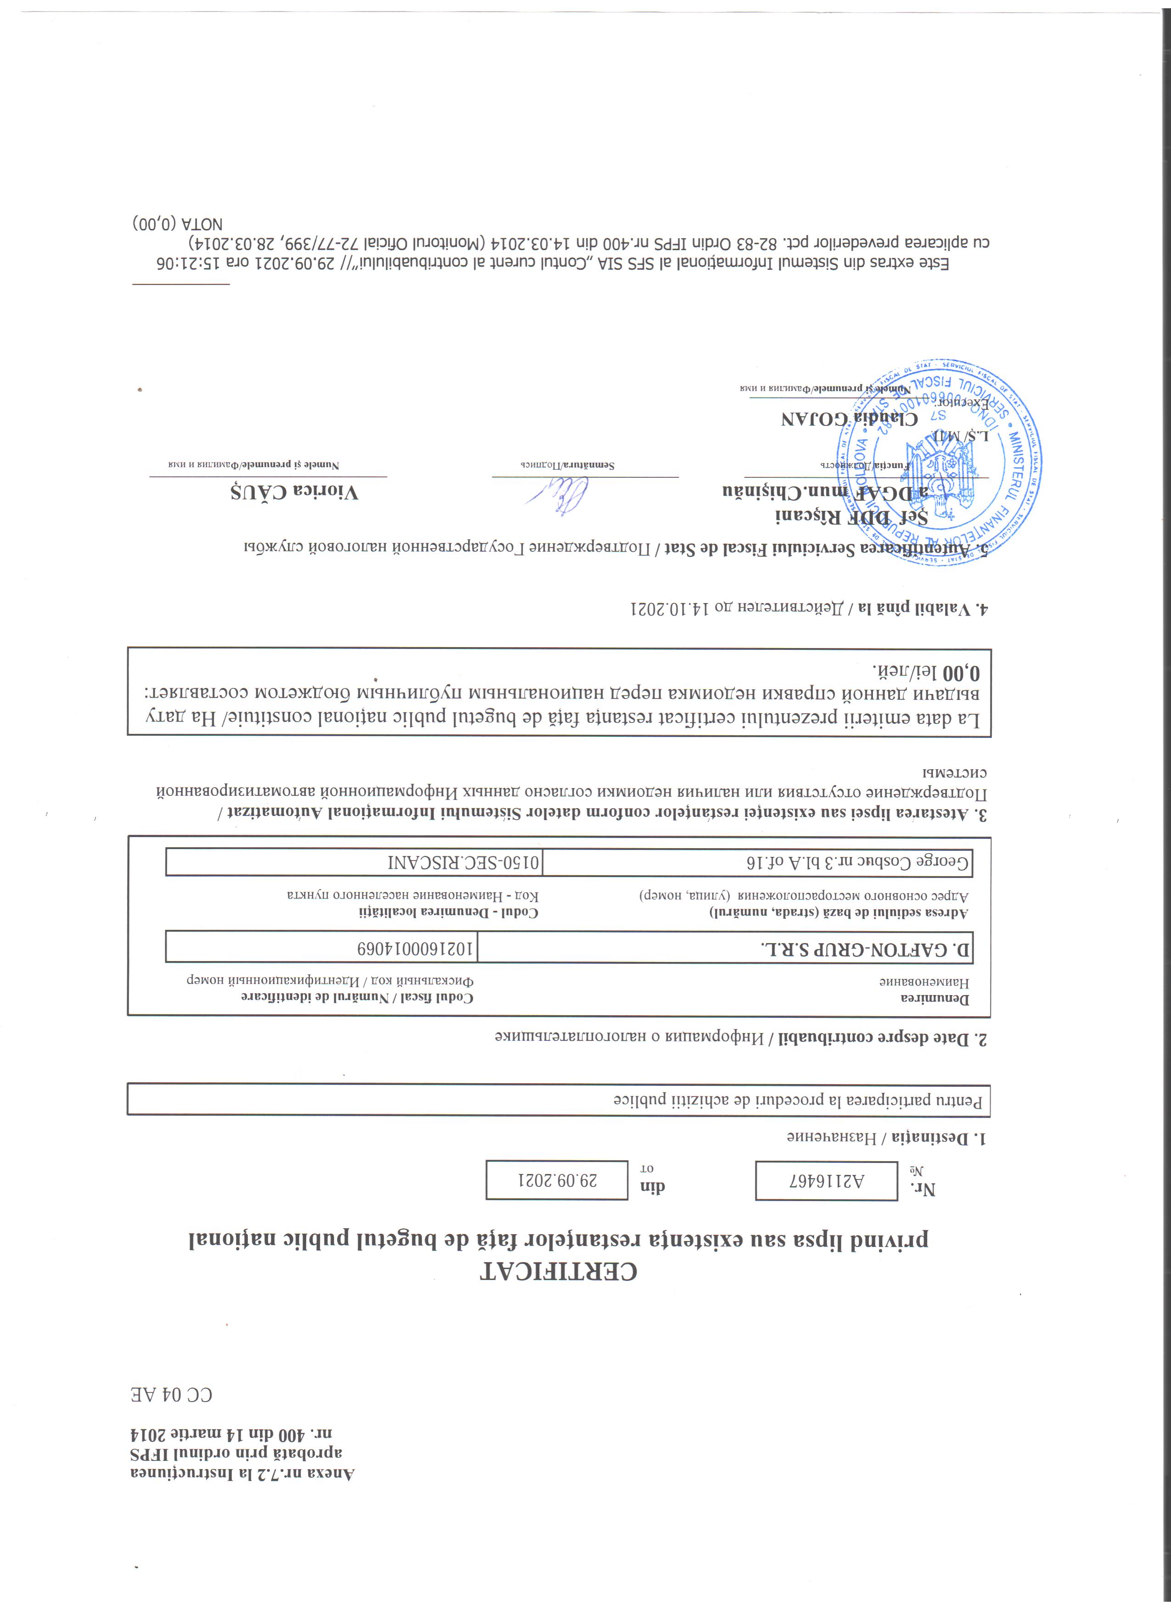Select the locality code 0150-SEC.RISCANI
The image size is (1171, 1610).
(x=462, y=862)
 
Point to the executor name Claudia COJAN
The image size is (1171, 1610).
(x=849, y=418)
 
